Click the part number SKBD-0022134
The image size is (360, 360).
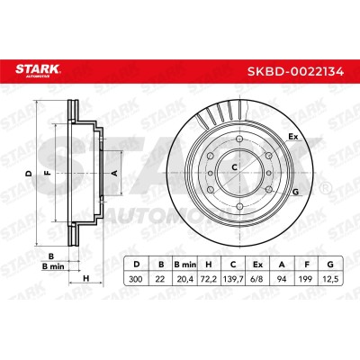coord(295,72)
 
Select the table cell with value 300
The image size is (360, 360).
coord(136,279)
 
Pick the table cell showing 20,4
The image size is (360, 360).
coord(184,279)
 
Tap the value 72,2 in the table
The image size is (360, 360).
coord(209,279)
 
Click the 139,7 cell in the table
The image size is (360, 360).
coord(233,279)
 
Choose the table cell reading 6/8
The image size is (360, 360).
coord(257,279)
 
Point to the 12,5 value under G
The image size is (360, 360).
coord(330,279)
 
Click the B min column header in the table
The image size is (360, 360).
coord(184,265)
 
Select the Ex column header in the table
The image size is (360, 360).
coord(257,265)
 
